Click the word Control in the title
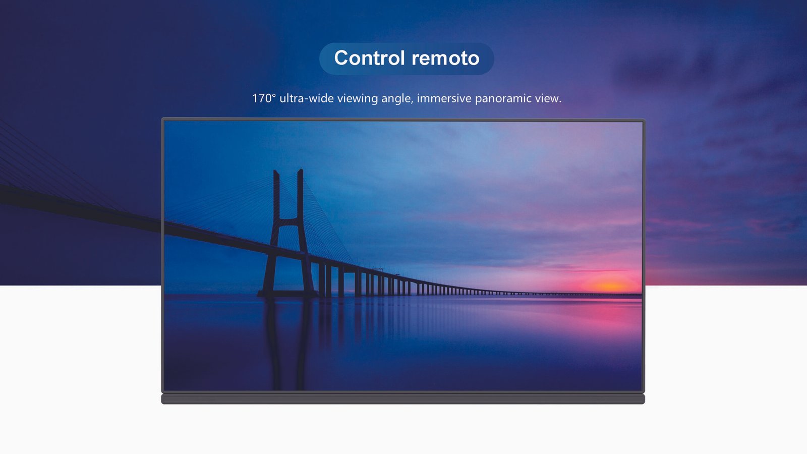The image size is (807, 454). pyautogui.click(x=370, y=58)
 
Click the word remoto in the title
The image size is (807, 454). pyautogui.click(x=446, y=59)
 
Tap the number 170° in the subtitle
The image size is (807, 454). pyautogui.click(x=264, y=98)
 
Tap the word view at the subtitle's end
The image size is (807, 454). pyautogui.click(x=548, y=98)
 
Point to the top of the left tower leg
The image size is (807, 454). pyautogui.click(x=276, y=171)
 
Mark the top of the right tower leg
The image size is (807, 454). pyautogui.click(x=300, y=169)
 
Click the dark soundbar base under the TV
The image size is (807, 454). pyautogui.click(x=403, y=399)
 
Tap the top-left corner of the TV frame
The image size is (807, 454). pyautogui.click(x=162, y=118)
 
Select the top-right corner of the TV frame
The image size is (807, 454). pyautogui.click(x=645, y=120)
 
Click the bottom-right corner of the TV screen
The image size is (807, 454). pyautogui.click(x=643, y=390)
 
